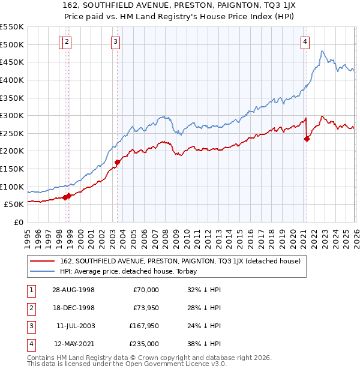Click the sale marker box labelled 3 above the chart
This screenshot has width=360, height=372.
tap(115, 41)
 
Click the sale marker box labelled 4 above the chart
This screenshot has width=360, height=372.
tap(305, 41)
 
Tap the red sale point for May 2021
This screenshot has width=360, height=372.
tap(307, 139)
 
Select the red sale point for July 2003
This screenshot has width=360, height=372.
tap(118, 161)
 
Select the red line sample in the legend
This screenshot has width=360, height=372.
tap(43, 261)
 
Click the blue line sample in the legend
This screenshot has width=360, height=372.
tap(43, 271)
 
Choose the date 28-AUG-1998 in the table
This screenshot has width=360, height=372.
tap(73, 290)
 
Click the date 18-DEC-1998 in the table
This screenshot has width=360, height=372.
tap(73, 308)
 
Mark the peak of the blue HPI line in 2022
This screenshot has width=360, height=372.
tap(322, 51)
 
